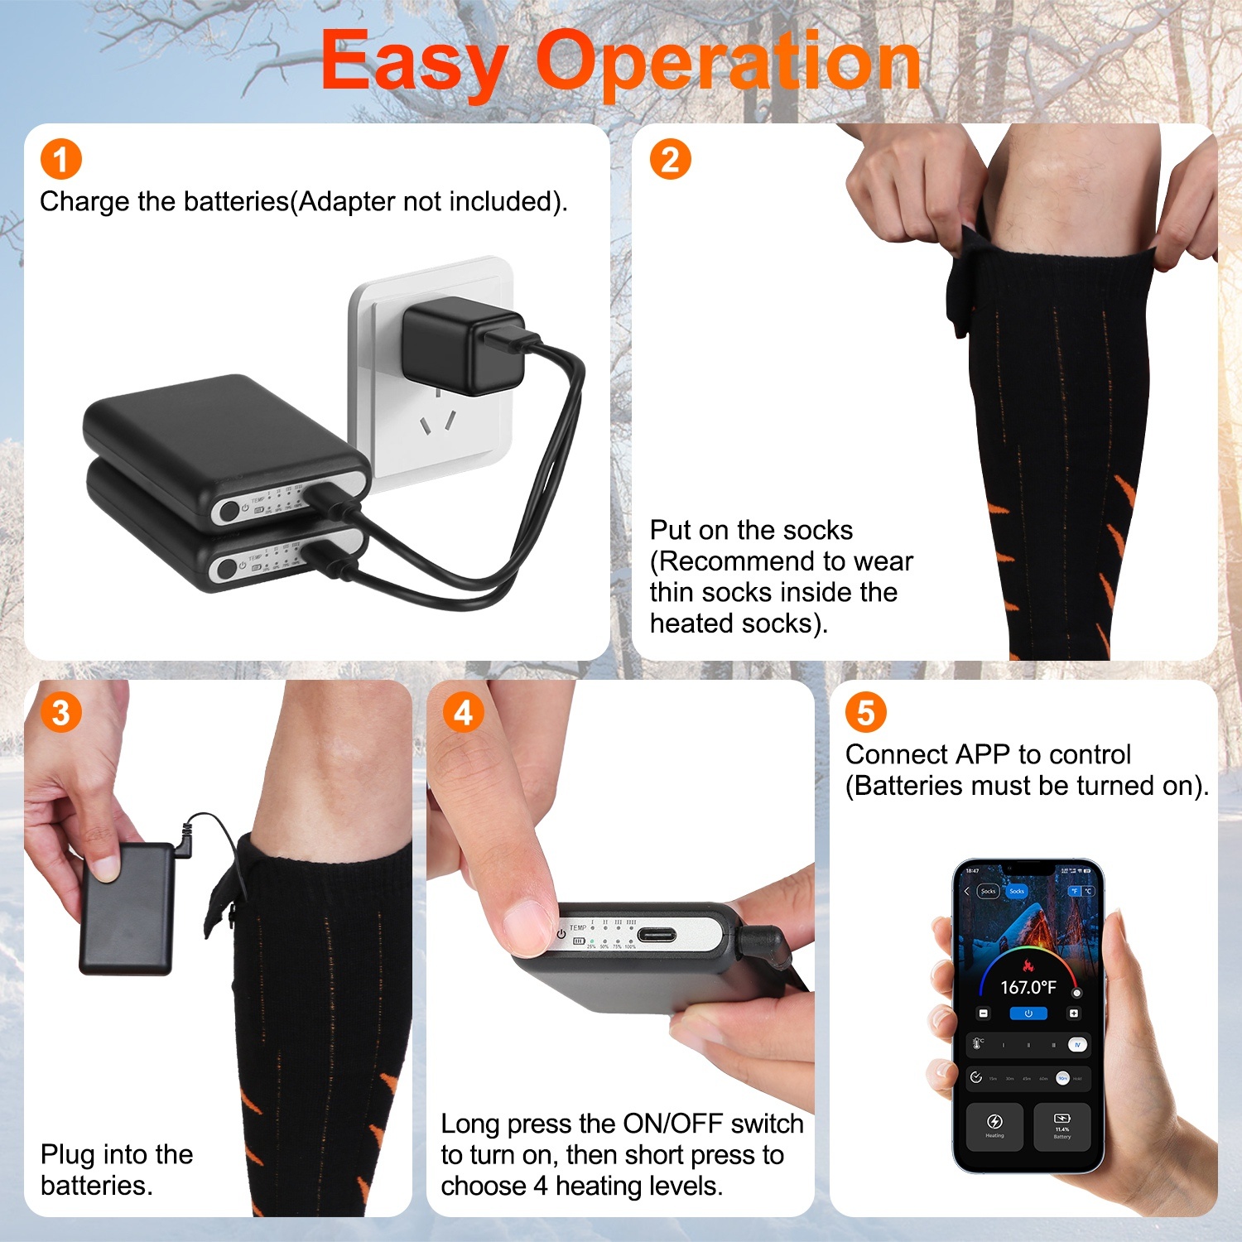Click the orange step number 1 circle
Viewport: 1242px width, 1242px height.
click(61, 159)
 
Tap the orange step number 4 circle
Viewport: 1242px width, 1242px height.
click(463, 712)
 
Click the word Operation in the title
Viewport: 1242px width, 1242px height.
click(728, 61)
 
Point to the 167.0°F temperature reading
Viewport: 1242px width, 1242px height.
click(1028, 987)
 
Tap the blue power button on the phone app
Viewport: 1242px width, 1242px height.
click(1028, 1013)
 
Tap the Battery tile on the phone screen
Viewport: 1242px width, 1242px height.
click(1062, 1126)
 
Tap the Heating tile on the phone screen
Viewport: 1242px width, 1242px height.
click(994, 1126)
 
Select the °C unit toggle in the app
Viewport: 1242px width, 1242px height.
click(1088, 891)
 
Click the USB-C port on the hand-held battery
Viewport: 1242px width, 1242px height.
click(656, 936)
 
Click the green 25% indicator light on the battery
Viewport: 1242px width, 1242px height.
click(591, 941)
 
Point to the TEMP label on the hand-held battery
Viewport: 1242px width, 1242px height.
click(577, 928)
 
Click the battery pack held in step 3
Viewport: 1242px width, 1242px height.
click(127, 909)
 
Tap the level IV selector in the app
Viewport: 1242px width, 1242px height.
click(1077, 1045)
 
